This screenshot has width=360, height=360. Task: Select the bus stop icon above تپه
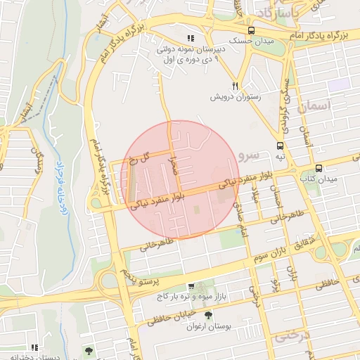[281, 146]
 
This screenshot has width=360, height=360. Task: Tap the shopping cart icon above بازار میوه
[191, 286]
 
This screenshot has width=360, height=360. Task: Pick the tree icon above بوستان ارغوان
[207, 316]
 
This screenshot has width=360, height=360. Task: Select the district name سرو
[249, 153]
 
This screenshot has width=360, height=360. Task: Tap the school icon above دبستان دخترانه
[33, 347]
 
